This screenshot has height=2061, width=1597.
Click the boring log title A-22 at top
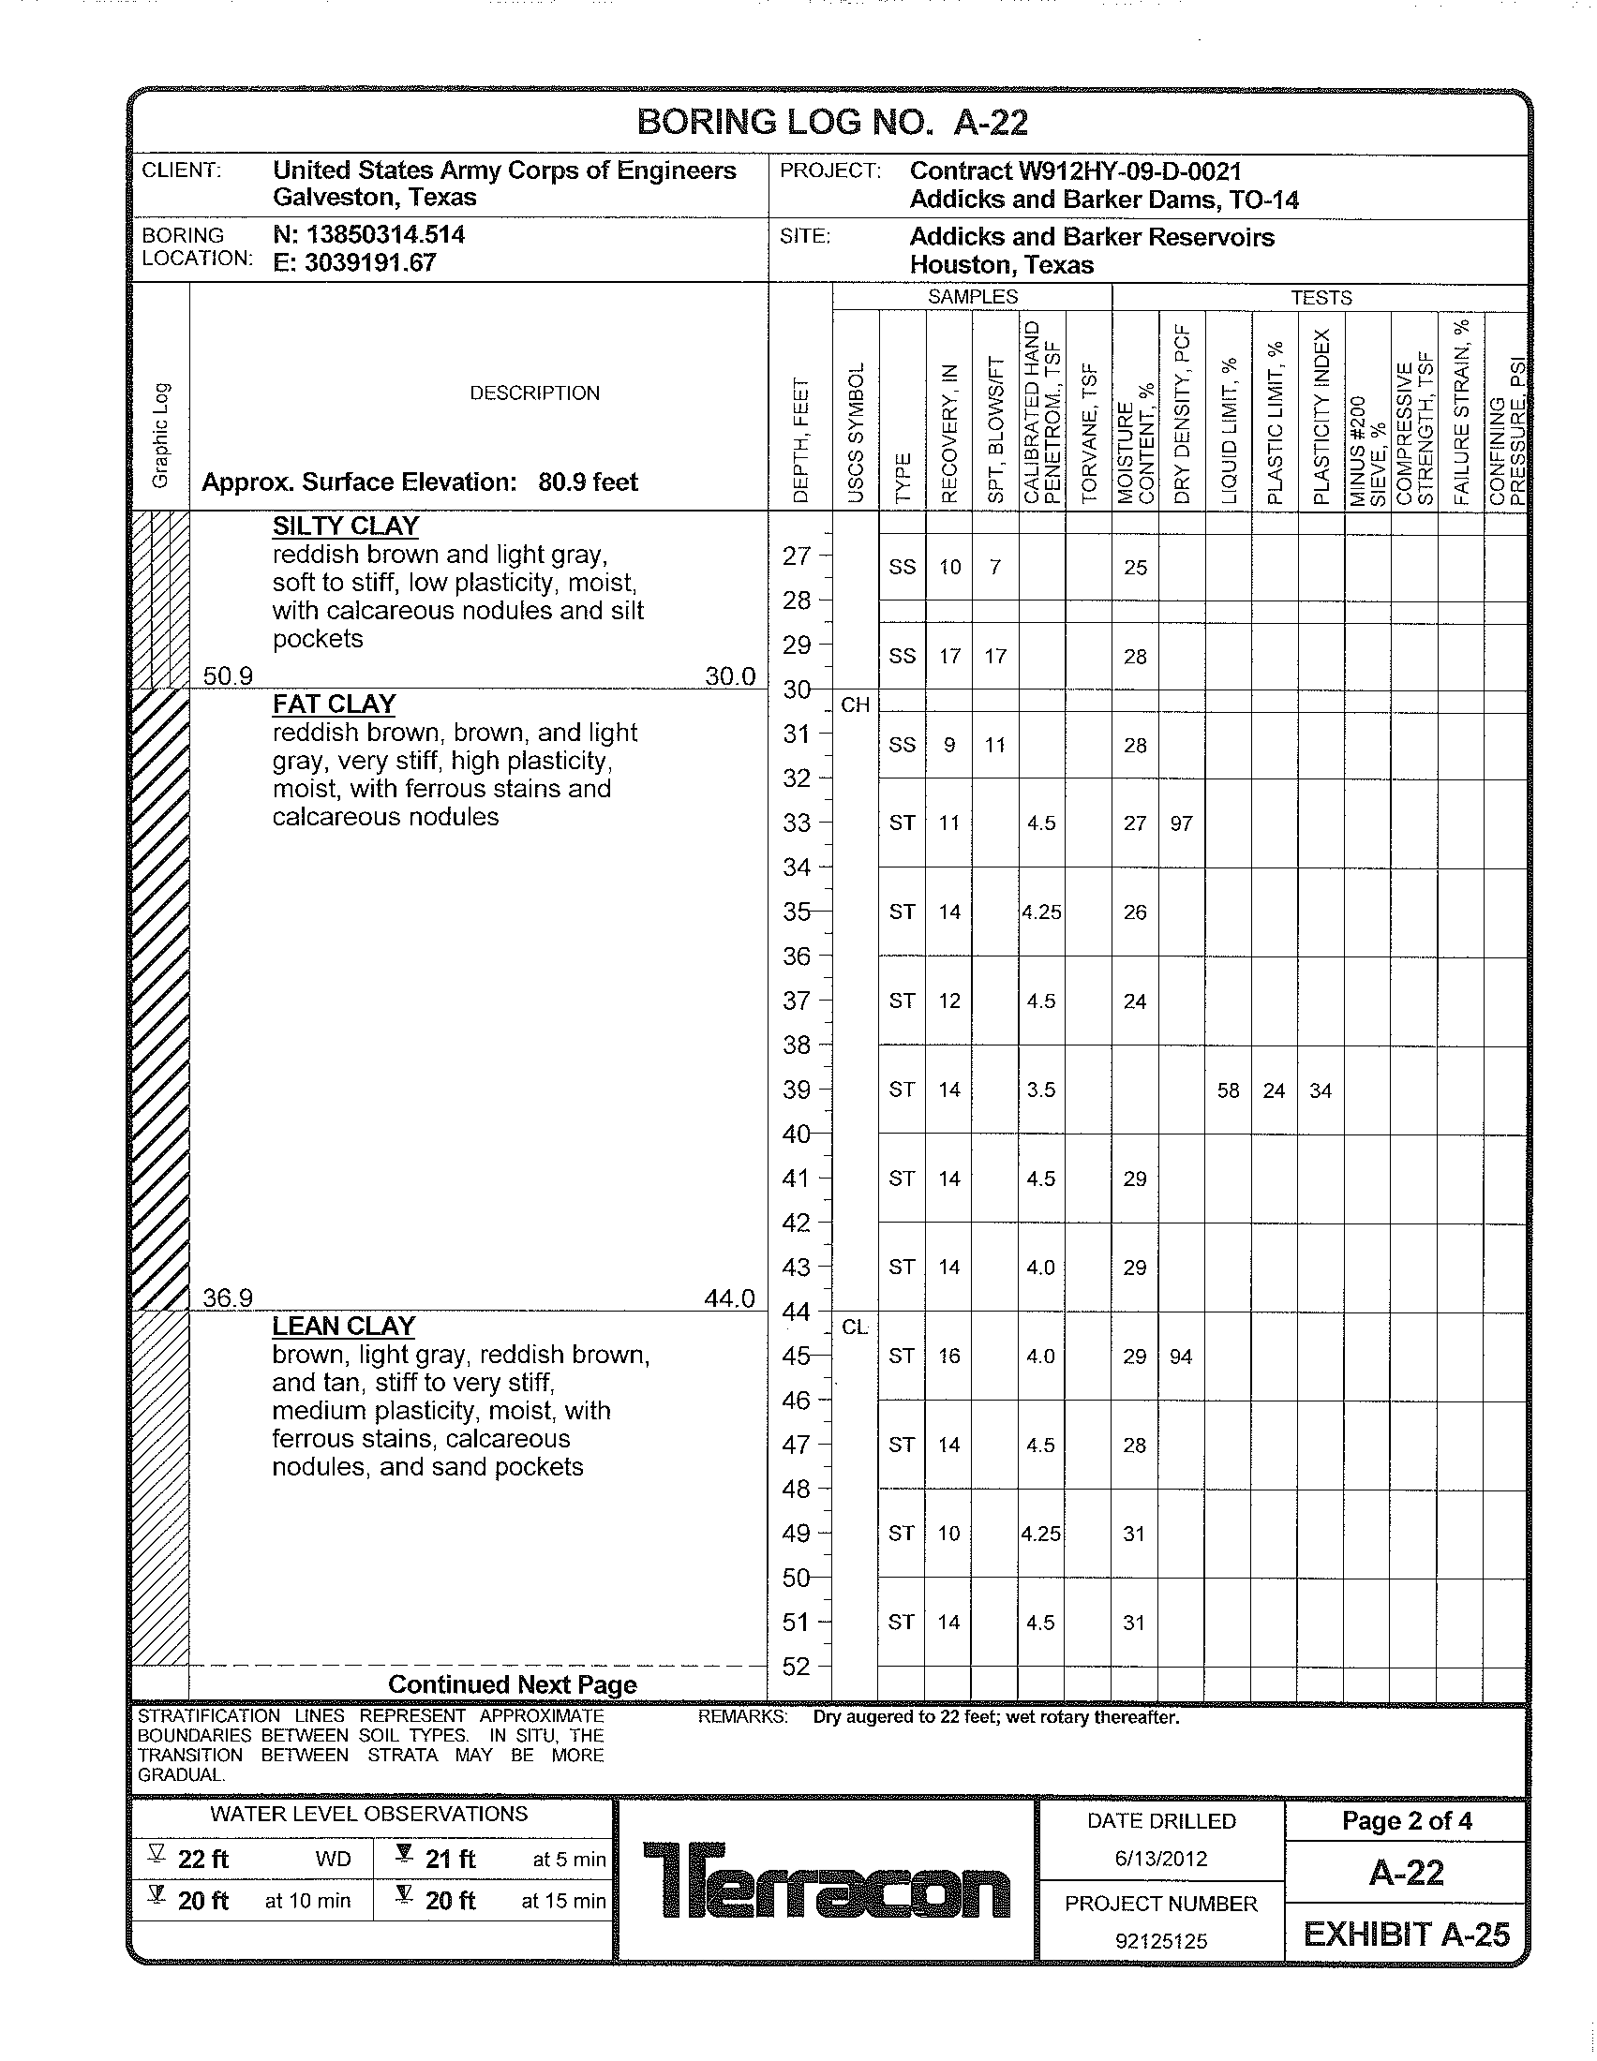tap(831, 123)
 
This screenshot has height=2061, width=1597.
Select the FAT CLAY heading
tap(334, 704)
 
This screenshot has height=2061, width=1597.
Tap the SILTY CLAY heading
tap(346, 526)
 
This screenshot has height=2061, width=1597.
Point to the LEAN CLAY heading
tap(344, 1326)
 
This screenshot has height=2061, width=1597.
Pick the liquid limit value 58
tap(1228, 1090)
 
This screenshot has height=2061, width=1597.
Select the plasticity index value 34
tap(1321, 1090)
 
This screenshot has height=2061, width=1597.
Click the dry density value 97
tap(1181, 823)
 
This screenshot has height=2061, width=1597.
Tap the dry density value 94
tap(1181, 1357)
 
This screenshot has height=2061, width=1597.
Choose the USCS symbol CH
tap(855, 704)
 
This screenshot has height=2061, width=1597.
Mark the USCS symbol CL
tap(855, 1327)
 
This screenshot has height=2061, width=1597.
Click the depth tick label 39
tap(797, 1090)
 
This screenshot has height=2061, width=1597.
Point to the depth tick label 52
tap(797, 1667)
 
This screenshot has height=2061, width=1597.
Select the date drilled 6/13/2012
tap(1161, 1858)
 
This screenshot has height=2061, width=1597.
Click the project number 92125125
tap(1161, 1941)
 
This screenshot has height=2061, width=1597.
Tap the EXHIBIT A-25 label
tap(1407, 1935)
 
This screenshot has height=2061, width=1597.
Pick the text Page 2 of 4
tap(1407, 1820)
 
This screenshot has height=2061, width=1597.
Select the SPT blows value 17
tap(995, 656)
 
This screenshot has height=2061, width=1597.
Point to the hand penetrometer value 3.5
tap(1041, 1090)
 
